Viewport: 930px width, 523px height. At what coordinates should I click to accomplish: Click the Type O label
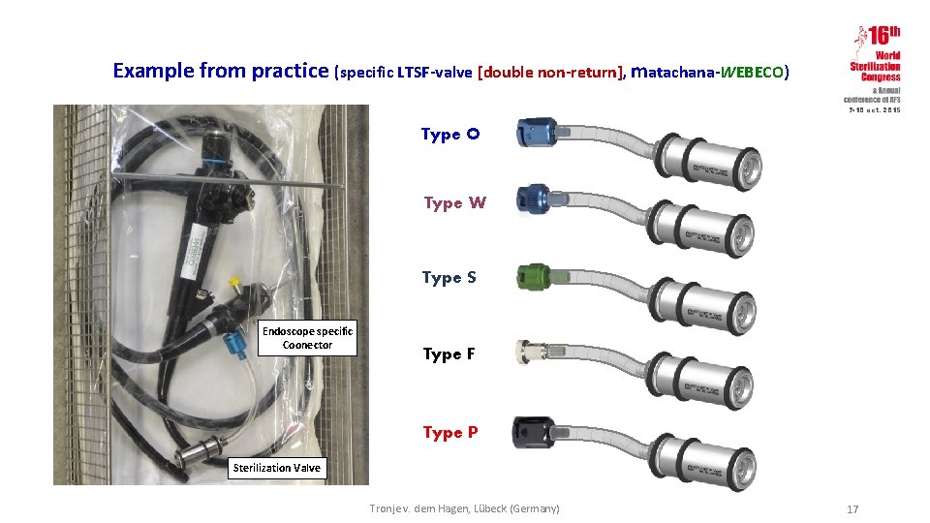[449, 134]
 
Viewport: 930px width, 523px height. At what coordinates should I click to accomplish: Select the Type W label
[454, 202]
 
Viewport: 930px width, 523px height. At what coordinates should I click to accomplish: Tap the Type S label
[449, 277]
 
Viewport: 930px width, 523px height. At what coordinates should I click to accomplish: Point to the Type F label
[449, 354]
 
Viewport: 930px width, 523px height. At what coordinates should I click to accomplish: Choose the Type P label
[449, 432]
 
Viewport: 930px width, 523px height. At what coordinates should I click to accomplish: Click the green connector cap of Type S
[535, 276]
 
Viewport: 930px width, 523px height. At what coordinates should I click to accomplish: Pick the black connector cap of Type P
[533, 429]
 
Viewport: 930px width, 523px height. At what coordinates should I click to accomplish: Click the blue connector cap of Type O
[535, 132]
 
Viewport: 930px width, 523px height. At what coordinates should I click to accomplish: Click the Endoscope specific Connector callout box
[307, 338]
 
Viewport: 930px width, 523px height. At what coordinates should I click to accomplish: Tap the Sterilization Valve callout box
[276, 468]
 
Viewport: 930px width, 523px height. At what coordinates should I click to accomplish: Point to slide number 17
[852, 509]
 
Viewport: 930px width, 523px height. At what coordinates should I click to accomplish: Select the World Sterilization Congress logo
[875, 68]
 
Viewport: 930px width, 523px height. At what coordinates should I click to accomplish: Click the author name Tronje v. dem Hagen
[465, 508]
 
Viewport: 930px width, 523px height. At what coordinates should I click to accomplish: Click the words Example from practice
[221, 71]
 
